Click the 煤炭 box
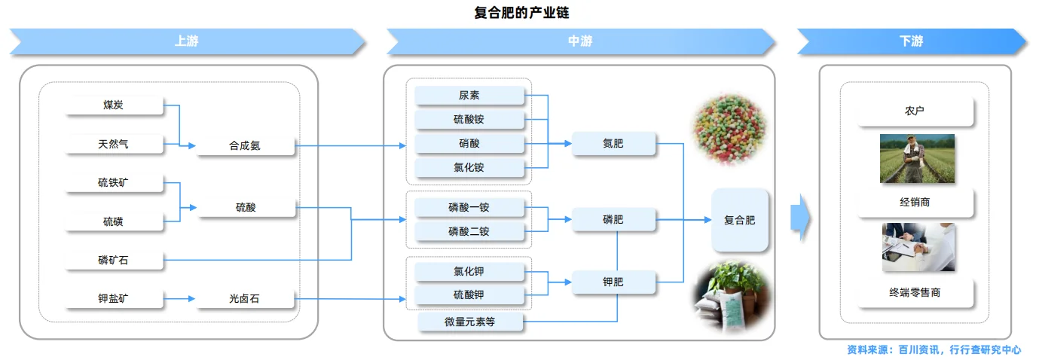[114, 105]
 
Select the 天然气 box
[114, 144]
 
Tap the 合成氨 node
[245, 145]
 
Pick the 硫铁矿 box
[114, 183]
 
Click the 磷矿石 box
[114, 261]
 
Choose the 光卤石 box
[245, 299]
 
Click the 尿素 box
[469, 96]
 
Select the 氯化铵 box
[469, 167]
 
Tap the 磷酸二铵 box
[469, 231]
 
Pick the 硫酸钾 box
[469, 294]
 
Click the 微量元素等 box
[470, 322]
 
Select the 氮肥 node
[613, 143]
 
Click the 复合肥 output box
[740, 220]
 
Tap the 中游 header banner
[580, 41]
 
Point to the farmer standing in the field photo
[915, 157]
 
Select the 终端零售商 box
[915, 293]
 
